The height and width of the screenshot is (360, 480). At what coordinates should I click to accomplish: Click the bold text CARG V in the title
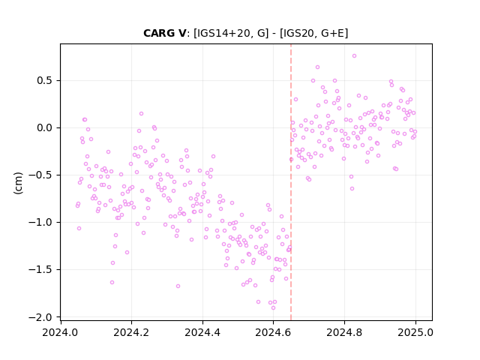pos(164,33)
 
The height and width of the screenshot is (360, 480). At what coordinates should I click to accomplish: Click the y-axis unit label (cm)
pos(18,183)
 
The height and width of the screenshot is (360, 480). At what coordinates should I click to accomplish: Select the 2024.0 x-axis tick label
pos(60,332)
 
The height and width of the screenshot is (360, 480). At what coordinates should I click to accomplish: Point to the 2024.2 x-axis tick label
pos(131,332)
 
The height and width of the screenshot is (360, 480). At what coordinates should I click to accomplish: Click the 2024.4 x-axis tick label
pos(202,332)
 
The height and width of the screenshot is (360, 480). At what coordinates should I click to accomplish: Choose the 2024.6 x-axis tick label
pos(273,332)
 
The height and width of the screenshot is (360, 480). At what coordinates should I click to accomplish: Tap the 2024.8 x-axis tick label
pos(344,332)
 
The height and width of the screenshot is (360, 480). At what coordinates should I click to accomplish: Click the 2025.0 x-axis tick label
pos(415,332)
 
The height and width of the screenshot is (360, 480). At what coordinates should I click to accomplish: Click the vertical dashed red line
pos(291,182)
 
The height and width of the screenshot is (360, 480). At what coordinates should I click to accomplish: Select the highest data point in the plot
pos(354,55)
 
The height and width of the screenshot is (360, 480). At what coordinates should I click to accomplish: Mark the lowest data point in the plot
pos(273,308)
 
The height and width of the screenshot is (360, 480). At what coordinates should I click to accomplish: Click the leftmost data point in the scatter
pos(77,205)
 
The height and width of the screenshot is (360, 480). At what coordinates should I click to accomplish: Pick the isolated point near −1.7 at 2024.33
pos(178,286)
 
